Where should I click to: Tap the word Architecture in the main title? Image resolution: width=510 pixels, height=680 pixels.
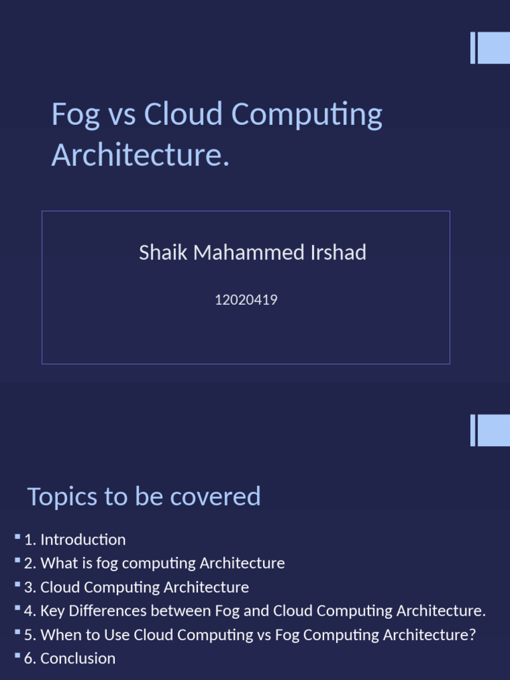click(140, 155)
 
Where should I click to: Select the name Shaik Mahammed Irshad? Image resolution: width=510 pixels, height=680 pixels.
click(252, 252)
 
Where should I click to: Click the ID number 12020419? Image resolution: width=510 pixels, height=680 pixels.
click(246, 300)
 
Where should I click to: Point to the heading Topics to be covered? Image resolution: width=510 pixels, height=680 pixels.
click(143, 497)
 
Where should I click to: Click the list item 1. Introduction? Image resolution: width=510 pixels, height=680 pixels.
click(74, 540)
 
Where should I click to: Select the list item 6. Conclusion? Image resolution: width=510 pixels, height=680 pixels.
click(70, 659)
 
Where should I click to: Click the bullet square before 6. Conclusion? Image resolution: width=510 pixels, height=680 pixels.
click(18, 656)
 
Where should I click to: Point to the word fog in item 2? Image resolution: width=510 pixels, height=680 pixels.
click(108, 564)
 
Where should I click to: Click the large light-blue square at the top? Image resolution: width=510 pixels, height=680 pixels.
click(493, 48)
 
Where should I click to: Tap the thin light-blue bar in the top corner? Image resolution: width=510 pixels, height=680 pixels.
click(473, 48)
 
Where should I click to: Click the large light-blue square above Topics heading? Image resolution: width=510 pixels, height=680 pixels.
click(493, 430)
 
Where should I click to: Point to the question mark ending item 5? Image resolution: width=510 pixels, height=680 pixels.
click(473, 635)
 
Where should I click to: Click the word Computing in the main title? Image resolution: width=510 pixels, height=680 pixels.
click(306, 115)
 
